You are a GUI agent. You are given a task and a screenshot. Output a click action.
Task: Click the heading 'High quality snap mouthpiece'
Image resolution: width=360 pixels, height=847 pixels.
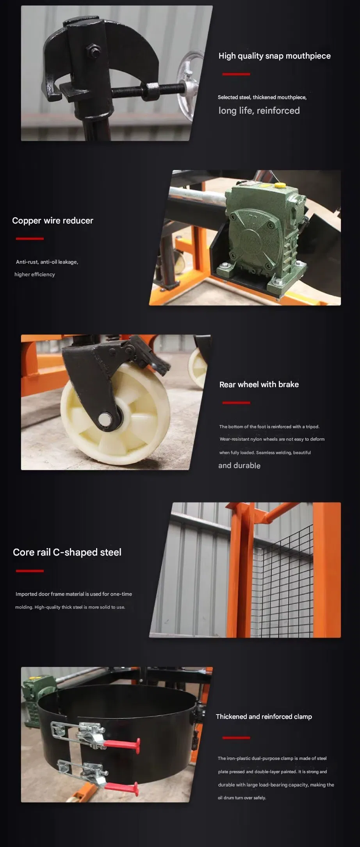(x=274, y=56)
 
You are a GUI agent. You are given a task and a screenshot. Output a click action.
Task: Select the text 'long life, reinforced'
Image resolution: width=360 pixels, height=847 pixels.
(x=259, y=111)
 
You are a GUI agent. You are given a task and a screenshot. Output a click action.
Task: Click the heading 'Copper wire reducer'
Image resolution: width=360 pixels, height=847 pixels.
(x=53, y=221)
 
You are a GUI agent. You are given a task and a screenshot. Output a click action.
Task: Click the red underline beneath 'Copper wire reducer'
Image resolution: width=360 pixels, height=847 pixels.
(x=30, y=238)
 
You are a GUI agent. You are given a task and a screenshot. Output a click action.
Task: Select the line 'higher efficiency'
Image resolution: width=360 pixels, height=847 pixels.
(x=35, y=274)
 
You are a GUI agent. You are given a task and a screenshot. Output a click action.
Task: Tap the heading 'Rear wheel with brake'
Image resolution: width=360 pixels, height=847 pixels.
(x=259, y=384)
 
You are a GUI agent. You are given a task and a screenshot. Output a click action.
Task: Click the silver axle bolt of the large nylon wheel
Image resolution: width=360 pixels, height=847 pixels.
(x=105, y=419)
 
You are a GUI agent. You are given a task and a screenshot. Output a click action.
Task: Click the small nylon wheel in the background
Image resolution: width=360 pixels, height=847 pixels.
(x=198, y=367)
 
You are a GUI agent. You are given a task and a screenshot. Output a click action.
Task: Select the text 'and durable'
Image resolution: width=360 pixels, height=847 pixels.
(x=239, y=465)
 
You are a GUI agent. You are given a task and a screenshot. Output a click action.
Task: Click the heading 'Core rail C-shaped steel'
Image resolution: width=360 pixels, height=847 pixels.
(x=67, y=552)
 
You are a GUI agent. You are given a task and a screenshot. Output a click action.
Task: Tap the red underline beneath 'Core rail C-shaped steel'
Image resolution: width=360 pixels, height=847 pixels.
(x=30, y=571)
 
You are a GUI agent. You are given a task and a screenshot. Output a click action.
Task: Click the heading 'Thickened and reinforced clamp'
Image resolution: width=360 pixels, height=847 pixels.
(x=264, y=717)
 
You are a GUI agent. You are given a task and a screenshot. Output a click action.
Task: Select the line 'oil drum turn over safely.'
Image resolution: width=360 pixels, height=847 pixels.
(x=242, y=798)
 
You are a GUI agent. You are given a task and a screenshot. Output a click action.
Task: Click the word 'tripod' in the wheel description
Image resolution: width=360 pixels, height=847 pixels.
(x=312, y=427)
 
